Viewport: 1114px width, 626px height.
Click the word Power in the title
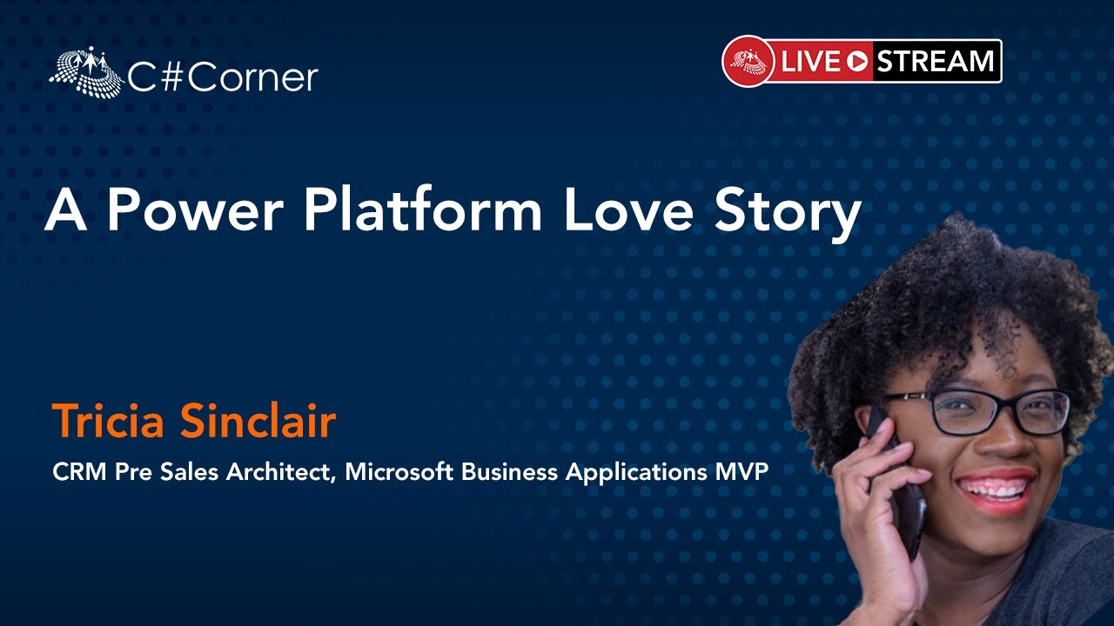pos(196,210)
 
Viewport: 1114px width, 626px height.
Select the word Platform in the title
pos(423,209)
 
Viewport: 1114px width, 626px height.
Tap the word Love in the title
pos(629,210)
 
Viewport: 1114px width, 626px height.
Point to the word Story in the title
pos(789,214)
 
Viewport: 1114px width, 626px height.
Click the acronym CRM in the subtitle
pos(79,472)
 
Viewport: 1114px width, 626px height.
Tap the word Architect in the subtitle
pos(279,472)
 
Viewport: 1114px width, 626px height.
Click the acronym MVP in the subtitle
pos(742,472)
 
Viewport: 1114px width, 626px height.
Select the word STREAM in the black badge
pos(935,62)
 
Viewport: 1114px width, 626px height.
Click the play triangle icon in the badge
pos(858,62)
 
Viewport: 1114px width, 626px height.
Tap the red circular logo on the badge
pos(748,62)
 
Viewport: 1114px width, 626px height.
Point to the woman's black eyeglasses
pos(977,411)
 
